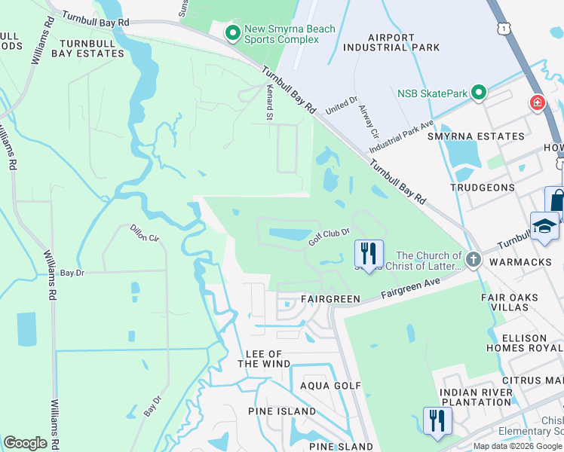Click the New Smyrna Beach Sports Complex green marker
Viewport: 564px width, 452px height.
coord(233,32)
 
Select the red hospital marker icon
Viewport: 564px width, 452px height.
coord(538,103)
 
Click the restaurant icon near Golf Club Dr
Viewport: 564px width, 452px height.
coord(369,253)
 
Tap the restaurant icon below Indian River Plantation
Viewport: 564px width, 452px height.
coord(437,420)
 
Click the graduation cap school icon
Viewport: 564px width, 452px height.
coord(544,226)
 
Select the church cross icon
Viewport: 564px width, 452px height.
coord(473,261)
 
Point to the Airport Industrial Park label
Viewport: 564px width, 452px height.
coord(392,42)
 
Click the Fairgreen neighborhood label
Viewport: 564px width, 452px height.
coord(328,298)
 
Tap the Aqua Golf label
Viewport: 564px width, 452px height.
coord(331,386)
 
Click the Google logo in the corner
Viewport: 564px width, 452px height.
coord(26,442)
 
